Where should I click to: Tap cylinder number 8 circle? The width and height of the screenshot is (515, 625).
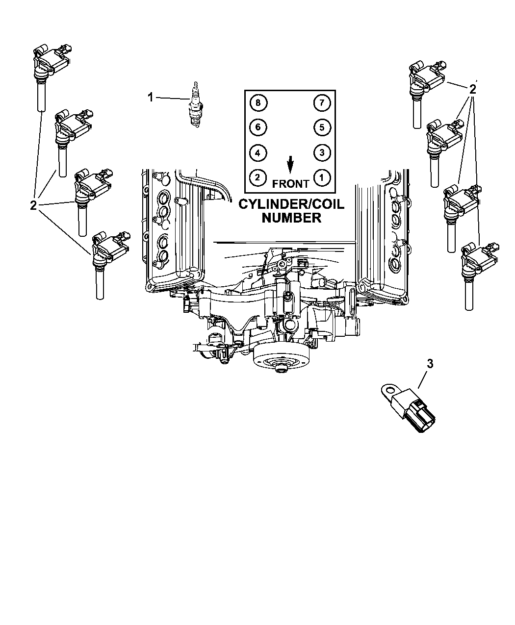pyautogui.click(x=258, y=102)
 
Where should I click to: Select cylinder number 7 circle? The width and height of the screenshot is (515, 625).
pyautogui.click(x=322, y=103)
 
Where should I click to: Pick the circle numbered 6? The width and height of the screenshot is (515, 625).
pyautogui.click(x=258, y=127)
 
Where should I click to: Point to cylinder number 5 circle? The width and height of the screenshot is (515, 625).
pyautogui.click(x=322, y=127)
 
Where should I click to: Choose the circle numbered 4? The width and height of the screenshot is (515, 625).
pyautogui.click(x=258, y=153)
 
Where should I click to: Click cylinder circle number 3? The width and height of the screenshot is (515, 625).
pyautogui.click(x=322, y=152)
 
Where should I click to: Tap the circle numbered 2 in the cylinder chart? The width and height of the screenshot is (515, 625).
pyautogui.click(x=257, y=177)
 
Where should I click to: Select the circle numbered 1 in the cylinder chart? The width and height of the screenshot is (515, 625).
pyautogui.click(x=322, y=178)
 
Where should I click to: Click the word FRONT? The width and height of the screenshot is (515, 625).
pyautogui.click(x=290, y=184)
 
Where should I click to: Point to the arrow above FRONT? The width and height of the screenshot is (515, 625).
pyautogui.click(x=290, y=165)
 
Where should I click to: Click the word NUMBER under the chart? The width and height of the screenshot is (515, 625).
pyautogui.click(x=291, y=218)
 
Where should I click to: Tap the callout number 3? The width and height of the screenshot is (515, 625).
pyautogui.click(x=430, y=364)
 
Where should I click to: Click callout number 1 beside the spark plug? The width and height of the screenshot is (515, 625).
pyautogui.click(x=151, y=97)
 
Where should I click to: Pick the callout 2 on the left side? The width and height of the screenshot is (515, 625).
pyautogui.click(x=33, y=205)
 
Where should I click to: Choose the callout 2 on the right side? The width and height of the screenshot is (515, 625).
pyautogui.click(x=472, y=89)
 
